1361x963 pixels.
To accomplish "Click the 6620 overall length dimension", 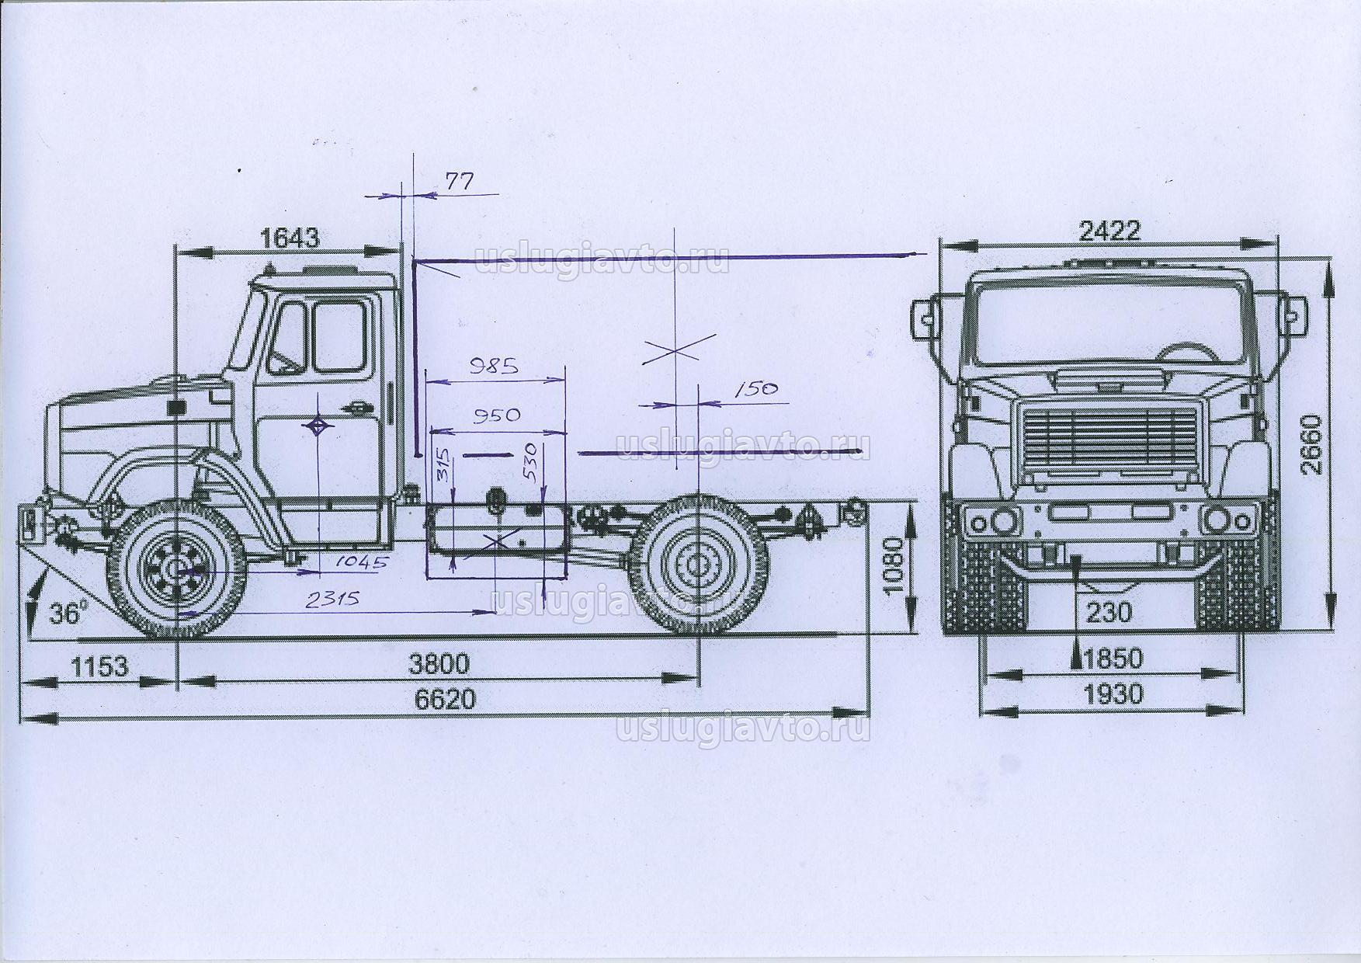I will click(x=444, y=699).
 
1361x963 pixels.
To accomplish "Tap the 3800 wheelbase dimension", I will click(x=439, y=664).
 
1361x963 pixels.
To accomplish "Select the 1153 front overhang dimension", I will click(x=99, y=666).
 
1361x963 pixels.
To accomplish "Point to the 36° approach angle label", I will click(x=65, y=614).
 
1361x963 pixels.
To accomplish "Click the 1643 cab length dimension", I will click(x=290, y=238).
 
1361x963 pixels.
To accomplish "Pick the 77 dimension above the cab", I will click(x=459, y=182).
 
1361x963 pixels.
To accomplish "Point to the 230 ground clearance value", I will click(x=1109, y=613).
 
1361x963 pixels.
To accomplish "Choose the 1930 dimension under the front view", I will click(x=1113, y=693).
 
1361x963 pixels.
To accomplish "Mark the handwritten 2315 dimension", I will click(x=332, y=600).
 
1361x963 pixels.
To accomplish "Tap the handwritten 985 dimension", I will click(x=494, y=366).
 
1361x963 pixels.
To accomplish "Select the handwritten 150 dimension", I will click(x=755, y=388).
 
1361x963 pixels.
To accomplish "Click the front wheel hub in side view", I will click(x=177, y=571).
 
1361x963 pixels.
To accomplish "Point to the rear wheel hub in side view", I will click(x=697, y=563).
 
